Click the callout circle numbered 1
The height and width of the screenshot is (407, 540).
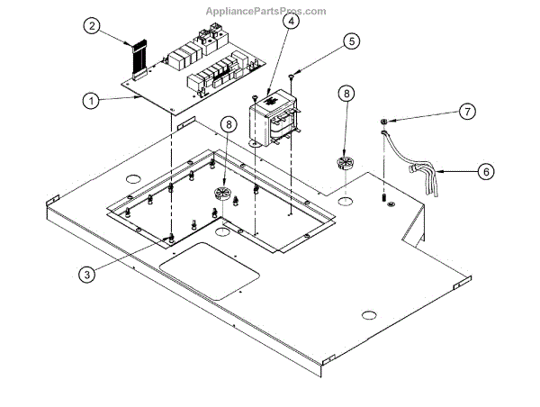pos(91,102)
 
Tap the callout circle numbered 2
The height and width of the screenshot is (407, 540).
pos(91,26)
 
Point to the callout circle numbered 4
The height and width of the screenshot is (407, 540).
pos(287,22)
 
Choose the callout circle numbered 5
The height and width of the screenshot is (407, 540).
pos(350,41)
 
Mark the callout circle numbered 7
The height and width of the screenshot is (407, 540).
pos(465,111)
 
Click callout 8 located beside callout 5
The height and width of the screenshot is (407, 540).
pos(346,95)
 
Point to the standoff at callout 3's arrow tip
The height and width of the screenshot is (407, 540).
pos(171,239)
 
